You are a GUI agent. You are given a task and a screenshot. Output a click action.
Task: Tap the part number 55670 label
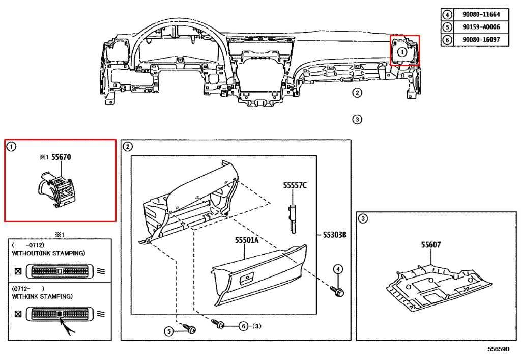click(61, 158)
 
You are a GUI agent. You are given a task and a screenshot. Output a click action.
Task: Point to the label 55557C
click(295, 186)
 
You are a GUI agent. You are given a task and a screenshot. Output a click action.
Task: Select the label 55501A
click(247, 239)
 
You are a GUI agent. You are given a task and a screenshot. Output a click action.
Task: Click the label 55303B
click(334, 235)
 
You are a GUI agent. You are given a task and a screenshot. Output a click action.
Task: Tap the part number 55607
click(430, 244)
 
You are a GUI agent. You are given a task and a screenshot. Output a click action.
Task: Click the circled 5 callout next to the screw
click(168, 331)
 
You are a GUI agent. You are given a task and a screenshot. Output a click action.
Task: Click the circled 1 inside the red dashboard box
click(401, 51)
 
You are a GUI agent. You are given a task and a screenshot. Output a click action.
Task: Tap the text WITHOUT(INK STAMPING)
click(48, 253)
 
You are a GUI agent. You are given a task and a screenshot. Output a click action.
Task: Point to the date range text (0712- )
click(28, 288)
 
